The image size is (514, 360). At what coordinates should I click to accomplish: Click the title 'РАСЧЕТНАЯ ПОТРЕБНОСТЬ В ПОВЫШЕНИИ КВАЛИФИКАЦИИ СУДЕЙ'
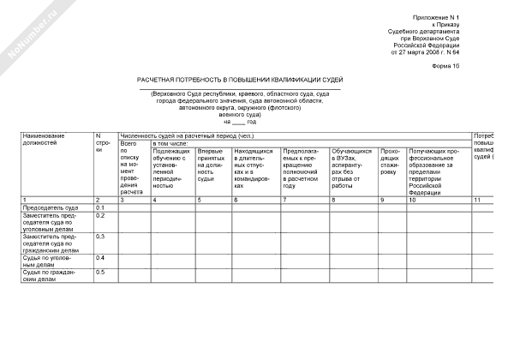(241, 79)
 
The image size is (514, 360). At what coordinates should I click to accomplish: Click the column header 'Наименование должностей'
(51, 140)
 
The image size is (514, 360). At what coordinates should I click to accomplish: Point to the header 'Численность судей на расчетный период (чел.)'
(186, 135)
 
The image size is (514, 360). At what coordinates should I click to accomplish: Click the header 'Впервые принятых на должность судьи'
(212, 165)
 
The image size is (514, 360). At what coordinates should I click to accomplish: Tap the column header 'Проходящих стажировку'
(390, 160)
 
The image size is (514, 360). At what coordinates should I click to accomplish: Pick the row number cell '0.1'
(100, 207)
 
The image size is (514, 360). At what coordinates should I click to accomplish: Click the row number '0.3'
(100, 236)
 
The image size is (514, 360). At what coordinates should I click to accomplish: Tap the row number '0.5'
(100, 273)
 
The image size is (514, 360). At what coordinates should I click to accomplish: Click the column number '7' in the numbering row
(284, 200)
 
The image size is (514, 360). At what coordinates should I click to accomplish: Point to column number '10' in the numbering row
(414, 200)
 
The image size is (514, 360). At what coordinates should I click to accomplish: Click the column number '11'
(478, 200)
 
